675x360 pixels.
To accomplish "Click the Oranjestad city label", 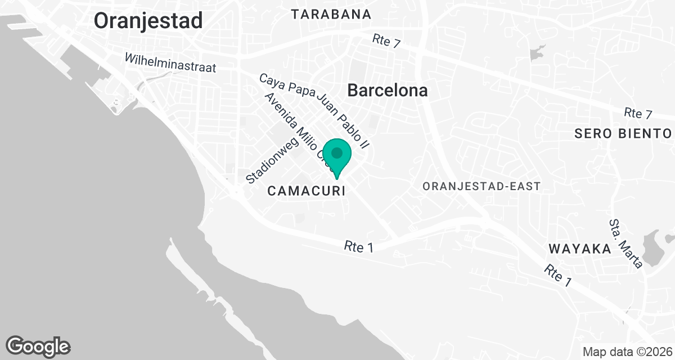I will (148, 21).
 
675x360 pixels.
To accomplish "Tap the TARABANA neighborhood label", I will (331, 14).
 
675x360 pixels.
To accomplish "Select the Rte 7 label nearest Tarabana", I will (386, 41).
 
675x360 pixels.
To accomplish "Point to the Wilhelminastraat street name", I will (170, 62).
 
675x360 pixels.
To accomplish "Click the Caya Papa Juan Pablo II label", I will (314, 110).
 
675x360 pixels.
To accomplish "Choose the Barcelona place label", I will (387, 90).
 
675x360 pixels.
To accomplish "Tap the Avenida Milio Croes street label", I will (296, 127).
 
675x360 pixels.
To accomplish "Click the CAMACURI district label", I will (306, 191).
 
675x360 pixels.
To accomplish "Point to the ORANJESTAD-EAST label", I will (482, 186).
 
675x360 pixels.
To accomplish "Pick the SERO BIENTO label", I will (623, 133).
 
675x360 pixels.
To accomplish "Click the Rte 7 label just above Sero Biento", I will (638, 113).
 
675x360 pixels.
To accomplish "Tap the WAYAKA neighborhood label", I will (579, 249).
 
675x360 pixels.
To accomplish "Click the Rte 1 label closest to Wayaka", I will (558, 276).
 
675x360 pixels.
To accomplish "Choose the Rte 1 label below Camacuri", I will (359, 246).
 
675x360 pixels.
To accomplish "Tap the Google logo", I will (38, 346).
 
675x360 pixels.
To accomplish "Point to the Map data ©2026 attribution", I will (627, 352).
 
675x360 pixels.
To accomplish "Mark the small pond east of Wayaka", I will (654, 248).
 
